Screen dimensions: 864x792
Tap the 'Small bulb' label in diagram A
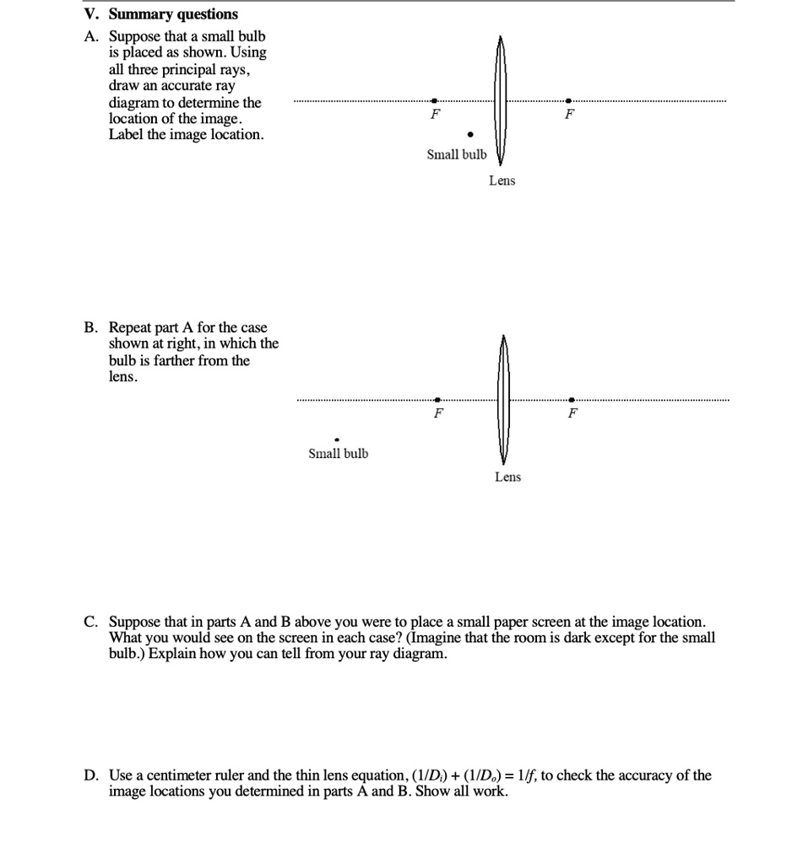coord(457,154)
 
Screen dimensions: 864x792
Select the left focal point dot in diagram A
coord(435,101)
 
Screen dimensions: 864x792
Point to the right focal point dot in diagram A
coord(569,101)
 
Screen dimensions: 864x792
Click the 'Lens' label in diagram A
coord(502,181)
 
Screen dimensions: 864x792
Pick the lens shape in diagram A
coord(500,101)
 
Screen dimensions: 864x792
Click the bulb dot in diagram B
coord(337,439)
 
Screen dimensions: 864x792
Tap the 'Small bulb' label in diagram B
coord(338,454)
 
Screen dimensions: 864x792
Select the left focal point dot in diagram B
coord(437,399)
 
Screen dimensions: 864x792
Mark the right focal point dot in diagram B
coord(572,399)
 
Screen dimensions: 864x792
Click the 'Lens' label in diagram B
coord(507,478)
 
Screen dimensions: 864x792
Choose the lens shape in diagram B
coord(503,399)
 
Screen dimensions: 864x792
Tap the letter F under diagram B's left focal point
coord(437,413)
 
